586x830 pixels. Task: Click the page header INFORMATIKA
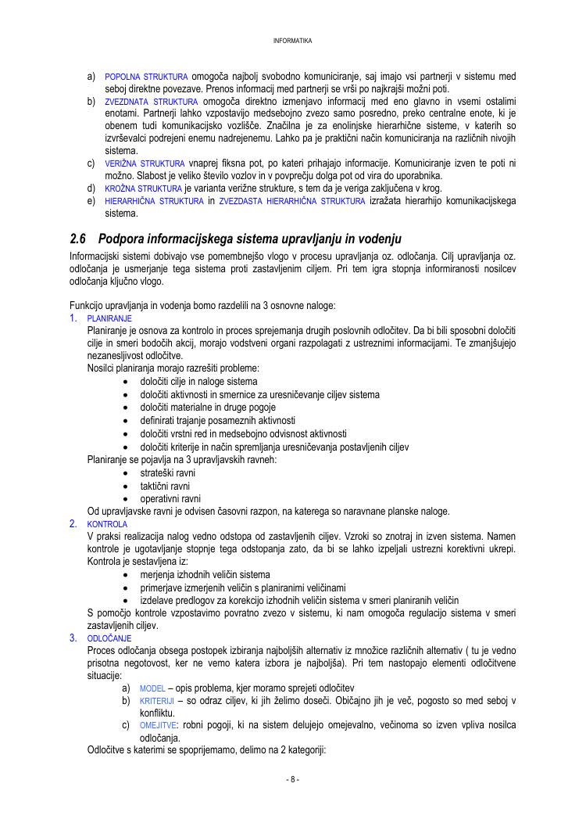[293, 40]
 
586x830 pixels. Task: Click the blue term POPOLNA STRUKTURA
[146, 77]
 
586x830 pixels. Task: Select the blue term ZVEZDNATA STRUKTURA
[152, 102]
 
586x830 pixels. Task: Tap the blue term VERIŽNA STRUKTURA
[145, 163]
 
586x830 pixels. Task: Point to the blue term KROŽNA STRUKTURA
[143, 189]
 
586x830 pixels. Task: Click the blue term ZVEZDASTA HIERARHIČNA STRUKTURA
[291, 201]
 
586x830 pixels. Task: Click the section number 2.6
[77, 239]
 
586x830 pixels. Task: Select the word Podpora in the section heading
[121, 239]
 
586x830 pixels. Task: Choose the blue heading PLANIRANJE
[109, 318]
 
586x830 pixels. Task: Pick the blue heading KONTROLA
[107, 524]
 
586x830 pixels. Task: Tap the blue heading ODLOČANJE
[109, 638]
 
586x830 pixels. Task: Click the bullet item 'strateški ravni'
[167, 473]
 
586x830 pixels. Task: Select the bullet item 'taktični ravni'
[165, 486]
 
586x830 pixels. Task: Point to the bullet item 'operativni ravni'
[170, 498]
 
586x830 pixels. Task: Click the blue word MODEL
[152, 688]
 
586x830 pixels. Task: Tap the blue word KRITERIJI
[156, 701]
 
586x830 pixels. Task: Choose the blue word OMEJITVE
[158, 726]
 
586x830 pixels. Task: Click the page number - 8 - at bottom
[293, 779]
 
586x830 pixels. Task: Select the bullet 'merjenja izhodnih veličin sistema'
[205, 575]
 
